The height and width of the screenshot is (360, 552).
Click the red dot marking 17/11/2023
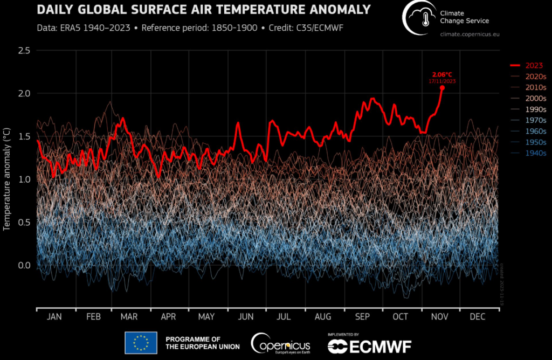pos(442,87)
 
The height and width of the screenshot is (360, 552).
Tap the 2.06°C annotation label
pos(443,74)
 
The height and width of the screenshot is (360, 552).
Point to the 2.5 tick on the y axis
pos(24,50)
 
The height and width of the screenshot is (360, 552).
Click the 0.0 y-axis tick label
pos(24,265)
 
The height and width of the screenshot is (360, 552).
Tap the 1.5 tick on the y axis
pos(24,136)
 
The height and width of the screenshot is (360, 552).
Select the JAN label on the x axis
pos(54,317)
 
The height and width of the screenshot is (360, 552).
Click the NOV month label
pos(439,317)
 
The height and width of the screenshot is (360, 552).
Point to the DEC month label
pos(478,317)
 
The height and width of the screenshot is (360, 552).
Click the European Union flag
pos(141,343)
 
